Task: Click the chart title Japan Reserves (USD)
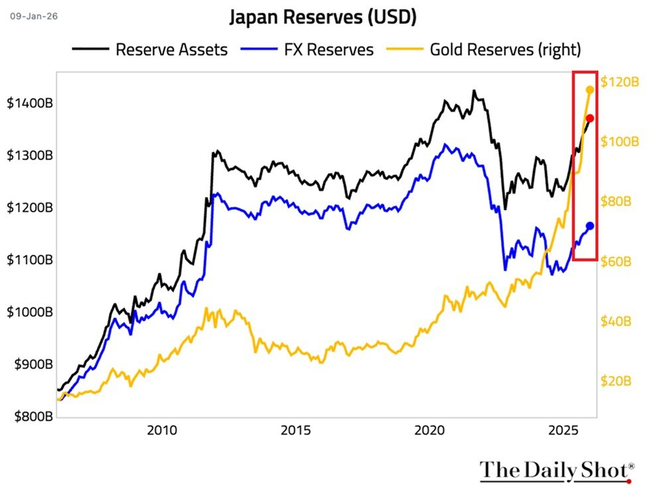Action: (323, 17)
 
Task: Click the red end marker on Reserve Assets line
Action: (590, 118)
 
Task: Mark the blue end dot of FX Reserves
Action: (590, 226)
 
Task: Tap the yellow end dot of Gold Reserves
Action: (590, 90)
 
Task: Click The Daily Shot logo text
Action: (554, 470)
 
